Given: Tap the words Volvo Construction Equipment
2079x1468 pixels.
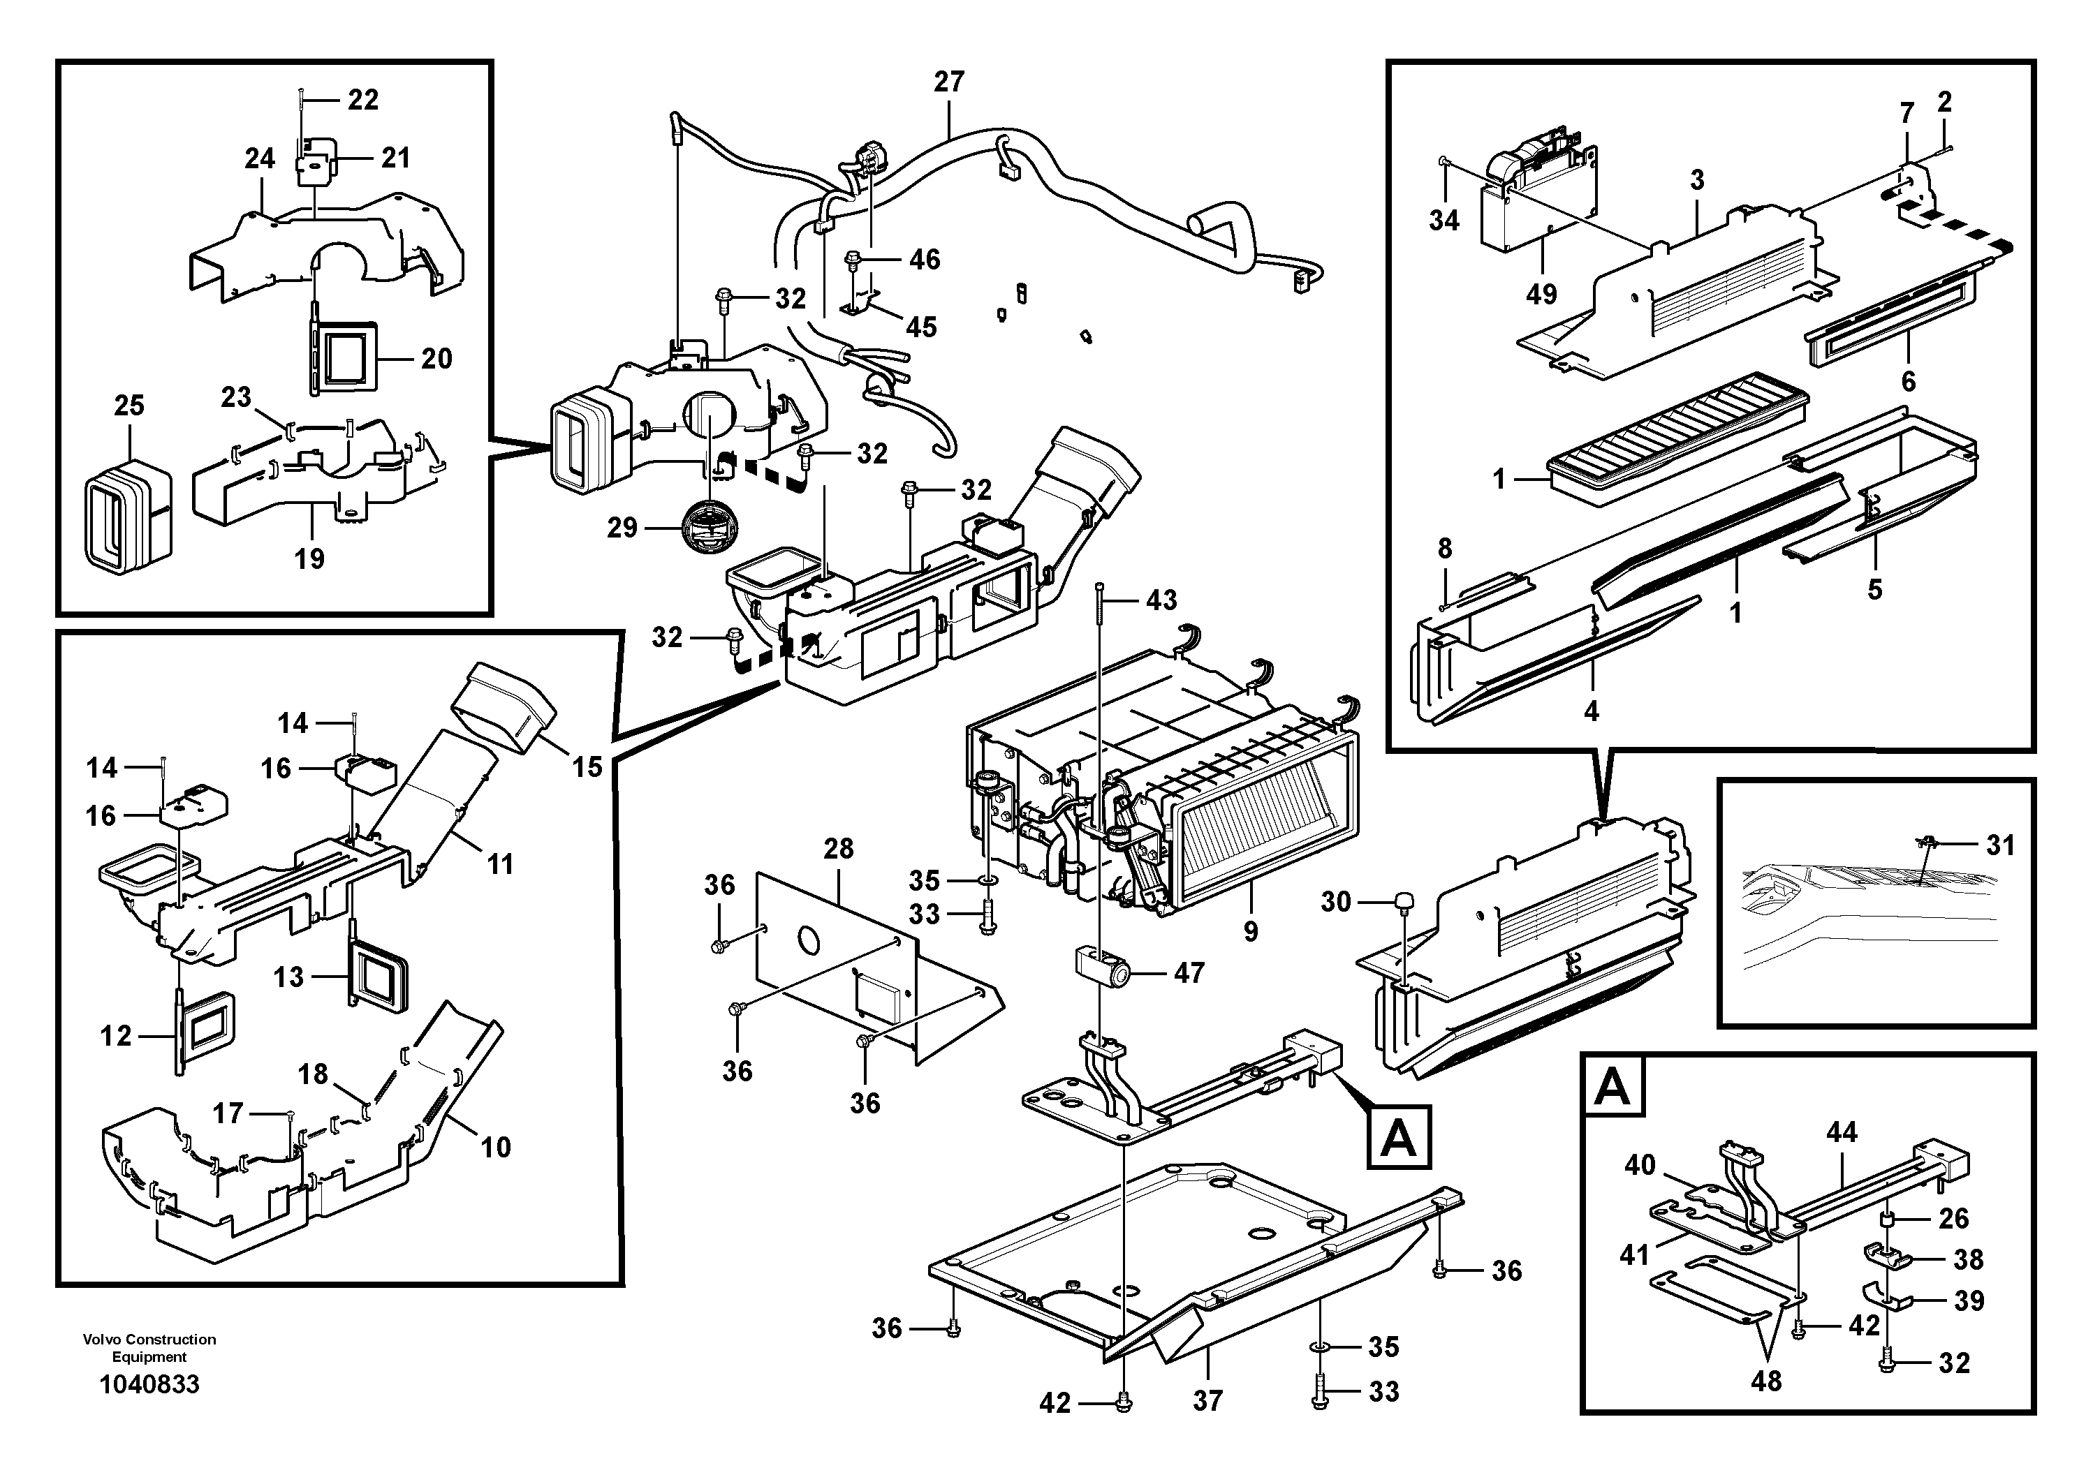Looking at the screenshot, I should coord(149,1348).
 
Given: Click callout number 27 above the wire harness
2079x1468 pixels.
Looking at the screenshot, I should coord(949,82).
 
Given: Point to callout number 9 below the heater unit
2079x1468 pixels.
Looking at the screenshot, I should coord(1251,931).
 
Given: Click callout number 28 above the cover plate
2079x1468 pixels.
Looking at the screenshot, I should coord(839,848).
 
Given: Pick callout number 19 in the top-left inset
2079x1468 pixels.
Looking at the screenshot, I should coord(309,558).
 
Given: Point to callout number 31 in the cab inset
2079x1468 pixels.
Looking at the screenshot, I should coord(2000,845).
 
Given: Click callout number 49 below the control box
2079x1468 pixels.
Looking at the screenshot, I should coord(1541,293).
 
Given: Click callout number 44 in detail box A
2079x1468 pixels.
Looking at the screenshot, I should coord(1842,1132).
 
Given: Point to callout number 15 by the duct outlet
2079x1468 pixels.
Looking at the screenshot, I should coord(587,767).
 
